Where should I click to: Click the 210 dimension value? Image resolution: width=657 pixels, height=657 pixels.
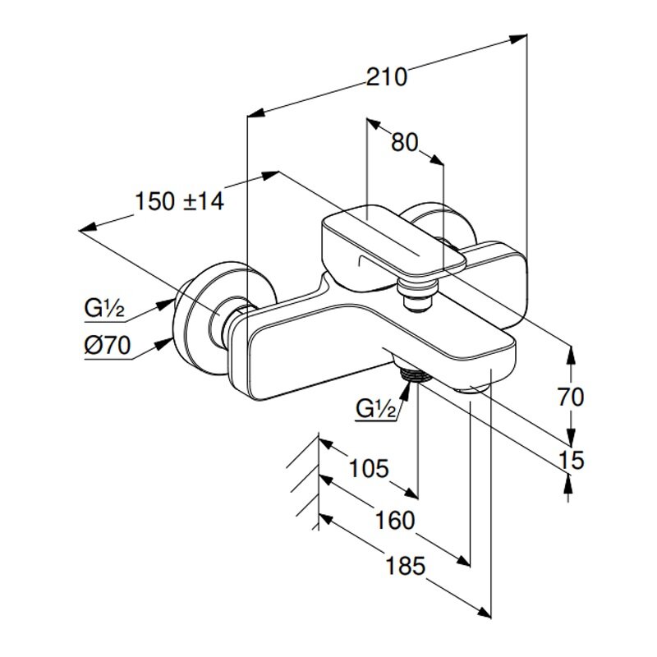coord(387,77)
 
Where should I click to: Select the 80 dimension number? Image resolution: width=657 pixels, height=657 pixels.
coord(404,142)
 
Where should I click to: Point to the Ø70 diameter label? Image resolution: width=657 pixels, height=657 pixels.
coord(107,347)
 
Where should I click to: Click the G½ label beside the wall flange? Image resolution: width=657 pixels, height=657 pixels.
coord(103,310)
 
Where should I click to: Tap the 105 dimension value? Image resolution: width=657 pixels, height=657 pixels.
coord(367,469)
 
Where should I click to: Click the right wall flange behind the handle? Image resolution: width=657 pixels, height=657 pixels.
coord(443,223)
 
